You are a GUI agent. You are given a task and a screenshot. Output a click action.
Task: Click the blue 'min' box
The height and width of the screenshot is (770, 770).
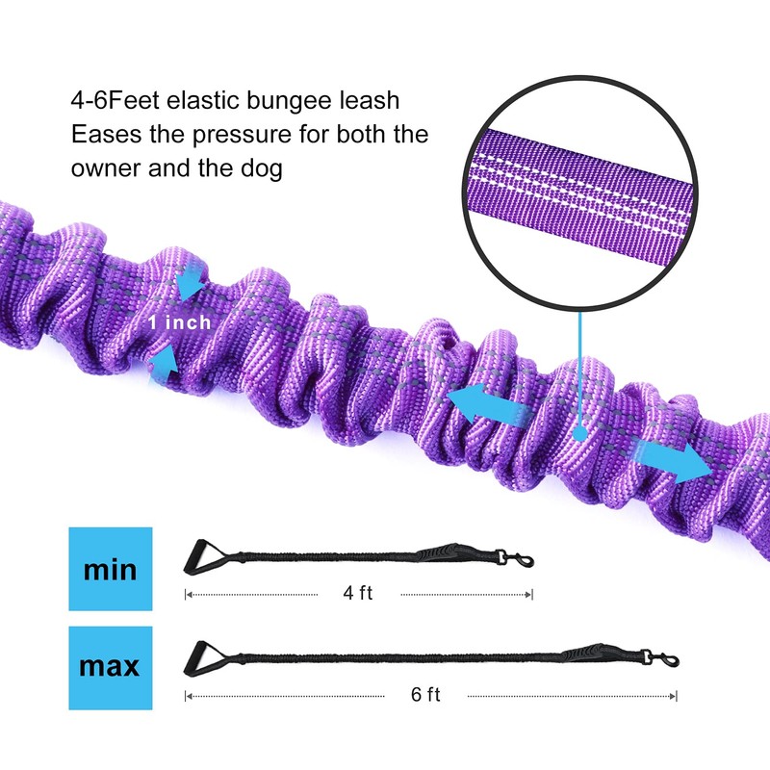111,569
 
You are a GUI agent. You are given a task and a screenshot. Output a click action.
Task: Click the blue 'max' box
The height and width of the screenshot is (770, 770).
111,668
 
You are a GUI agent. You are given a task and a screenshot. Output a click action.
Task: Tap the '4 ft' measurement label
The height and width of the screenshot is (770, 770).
357,593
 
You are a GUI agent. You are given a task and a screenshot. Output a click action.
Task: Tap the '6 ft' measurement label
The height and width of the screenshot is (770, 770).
425,694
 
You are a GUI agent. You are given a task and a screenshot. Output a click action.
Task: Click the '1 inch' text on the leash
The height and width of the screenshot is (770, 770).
180,322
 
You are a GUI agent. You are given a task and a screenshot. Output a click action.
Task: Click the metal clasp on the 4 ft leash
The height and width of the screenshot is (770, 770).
515,558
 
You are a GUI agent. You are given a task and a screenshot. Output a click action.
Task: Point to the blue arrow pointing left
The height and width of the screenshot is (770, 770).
489,402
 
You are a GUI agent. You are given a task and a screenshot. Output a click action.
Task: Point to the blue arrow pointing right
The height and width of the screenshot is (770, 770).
673,459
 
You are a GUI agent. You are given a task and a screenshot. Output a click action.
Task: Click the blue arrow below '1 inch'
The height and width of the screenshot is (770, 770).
164,363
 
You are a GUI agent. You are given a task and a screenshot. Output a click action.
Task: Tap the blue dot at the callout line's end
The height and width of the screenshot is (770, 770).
580,434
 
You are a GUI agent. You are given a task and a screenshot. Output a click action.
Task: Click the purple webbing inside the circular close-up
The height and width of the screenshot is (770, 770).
579,192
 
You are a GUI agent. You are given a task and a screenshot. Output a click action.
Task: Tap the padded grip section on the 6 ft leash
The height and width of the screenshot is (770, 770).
583,653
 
